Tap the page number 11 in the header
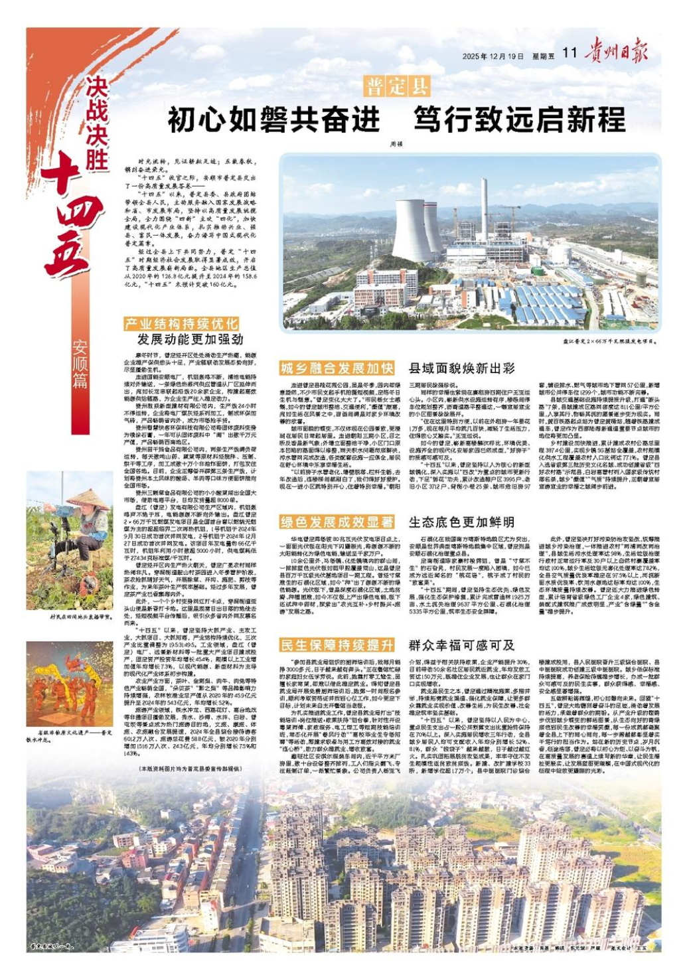coord(569,53)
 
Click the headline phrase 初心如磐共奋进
coord(274,120)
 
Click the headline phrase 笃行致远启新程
coord(520,120)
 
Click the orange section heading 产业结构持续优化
coord(181,323)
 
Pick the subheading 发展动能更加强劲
coord(190,339)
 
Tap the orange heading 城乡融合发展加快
coord(337,368)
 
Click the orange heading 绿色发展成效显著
coord(337,522)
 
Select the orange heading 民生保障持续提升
coord(337,645)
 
